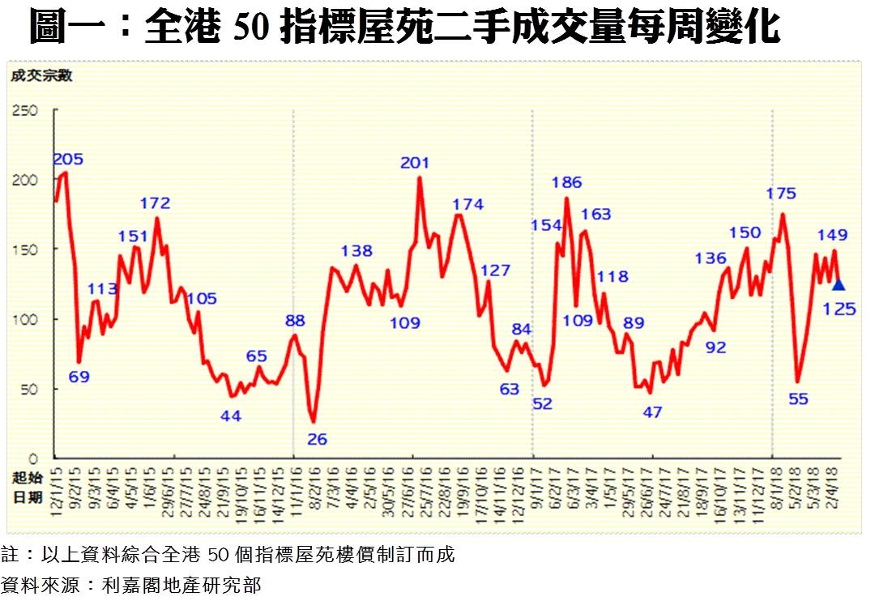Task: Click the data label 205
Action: [x=68, y=159]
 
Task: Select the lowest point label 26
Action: [x=317, y=439]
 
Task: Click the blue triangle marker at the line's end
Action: [x=839, y=284]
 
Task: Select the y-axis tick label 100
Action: [x=24, y=319]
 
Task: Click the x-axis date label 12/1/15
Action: [x=57, y=487]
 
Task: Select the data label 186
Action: [x=567, y=182]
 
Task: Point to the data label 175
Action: [x=781, y=194]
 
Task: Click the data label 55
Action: [x=798, y=398]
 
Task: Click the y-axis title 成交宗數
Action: [x=41, y=76]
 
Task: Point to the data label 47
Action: [x=652, y=411]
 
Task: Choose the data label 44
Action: [x=231, y=415]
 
